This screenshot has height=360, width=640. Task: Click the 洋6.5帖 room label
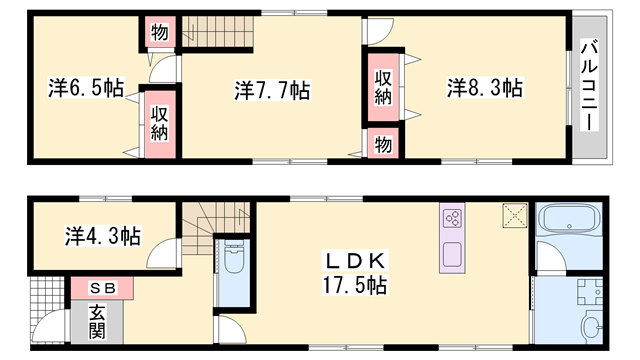86,88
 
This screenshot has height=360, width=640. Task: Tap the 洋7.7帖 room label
272,90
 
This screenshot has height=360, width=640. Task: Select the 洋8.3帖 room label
484,88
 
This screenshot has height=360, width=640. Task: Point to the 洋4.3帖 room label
103,236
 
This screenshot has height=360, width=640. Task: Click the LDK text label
354,261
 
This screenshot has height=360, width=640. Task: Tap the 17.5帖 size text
355,285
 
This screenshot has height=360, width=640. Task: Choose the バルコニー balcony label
589,85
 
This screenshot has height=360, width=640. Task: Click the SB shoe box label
103,288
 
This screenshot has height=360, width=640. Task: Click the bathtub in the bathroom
569,219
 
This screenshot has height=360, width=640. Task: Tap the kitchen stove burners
452,218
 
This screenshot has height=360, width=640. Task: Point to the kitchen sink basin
452,254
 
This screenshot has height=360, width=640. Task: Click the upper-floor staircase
218,31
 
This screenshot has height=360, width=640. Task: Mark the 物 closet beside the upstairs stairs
160,31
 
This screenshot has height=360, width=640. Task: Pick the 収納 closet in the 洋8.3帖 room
383,87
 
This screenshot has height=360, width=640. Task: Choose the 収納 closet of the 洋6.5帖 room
160,124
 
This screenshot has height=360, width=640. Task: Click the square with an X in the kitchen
515,216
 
